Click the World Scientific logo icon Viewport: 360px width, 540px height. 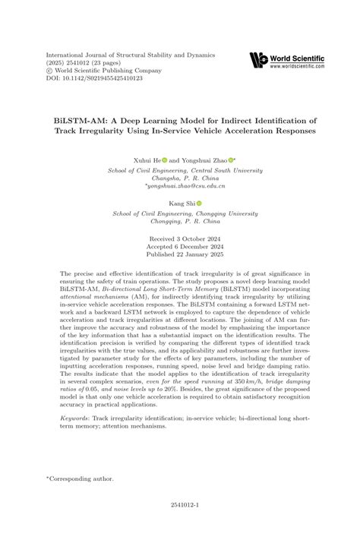click(258, 60)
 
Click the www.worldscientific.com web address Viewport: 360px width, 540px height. click(297, 67)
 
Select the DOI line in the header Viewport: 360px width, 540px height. click(94, 77)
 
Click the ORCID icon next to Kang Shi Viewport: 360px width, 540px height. click(200, 204)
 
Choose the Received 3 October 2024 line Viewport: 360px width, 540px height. click(179, 238)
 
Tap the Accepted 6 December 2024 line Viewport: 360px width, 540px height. click(179, 246)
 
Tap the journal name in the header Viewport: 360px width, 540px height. click(131, 55)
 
